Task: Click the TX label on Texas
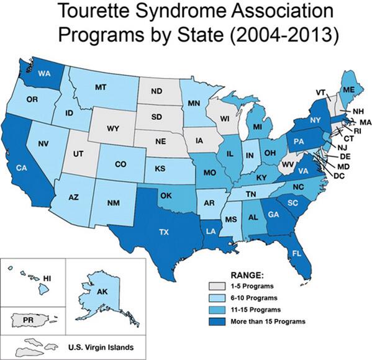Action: tap(164, 232)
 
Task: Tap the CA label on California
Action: tap(20, 168)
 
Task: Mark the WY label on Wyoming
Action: tap(112, 128)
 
